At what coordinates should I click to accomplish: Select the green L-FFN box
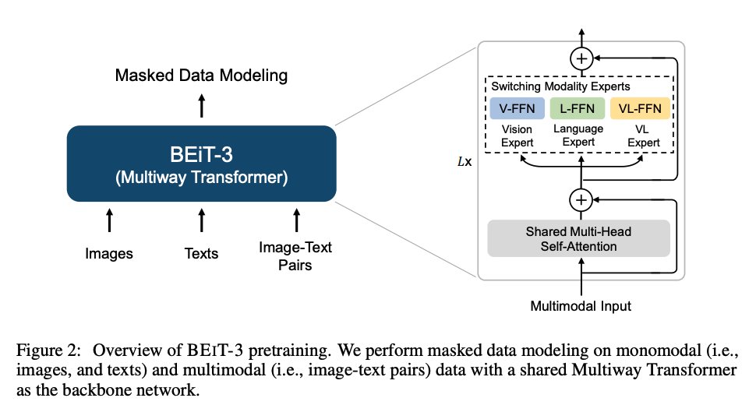(x=578, y=107)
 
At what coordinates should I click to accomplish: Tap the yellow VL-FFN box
(x=640, y=107)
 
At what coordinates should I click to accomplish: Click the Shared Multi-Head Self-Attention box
(x=578, y=238)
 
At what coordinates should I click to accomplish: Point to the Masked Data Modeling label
(x=201, y=76)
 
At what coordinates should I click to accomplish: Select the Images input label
(x=109, y=253)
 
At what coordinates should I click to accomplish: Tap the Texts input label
(x=201, y=253)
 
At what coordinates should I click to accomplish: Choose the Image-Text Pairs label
(x=295, y=255)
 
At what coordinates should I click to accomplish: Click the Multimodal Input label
(x=580, y=305)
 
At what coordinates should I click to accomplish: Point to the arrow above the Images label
(x=109, y=220)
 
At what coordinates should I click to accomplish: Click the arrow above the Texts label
(x=201, y=220)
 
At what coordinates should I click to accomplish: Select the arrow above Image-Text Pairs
(x=295, y=220)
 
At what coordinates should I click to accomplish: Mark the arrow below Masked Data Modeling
(x=201, y=104)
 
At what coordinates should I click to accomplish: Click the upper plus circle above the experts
(x=581, y=58)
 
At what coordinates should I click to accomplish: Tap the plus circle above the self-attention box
(x=581, y=200)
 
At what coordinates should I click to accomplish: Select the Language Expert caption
(x=578, y=135)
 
